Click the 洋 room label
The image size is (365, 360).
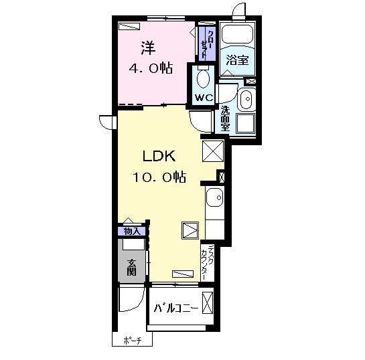click(148, 48)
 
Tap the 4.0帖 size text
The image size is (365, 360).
click(151, 68)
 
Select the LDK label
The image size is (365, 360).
click(159, 156)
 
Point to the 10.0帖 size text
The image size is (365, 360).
click(159, 177)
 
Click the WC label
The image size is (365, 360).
click(204, 98)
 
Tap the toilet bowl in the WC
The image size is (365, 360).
click(203, 78)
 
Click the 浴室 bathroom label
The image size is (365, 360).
click(238, 60)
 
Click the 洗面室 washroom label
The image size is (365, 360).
click(225, 118)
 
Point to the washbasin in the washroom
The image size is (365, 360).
click(246, 99)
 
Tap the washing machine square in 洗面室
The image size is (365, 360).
click(246, 124)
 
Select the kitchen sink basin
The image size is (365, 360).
click(215, 197)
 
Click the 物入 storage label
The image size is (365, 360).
click(131, 232)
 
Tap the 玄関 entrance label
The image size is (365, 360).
click(132, 268)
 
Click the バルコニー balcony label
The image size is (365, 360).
click(176, 308)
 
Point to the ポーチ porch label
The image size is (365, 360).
click(133, 341)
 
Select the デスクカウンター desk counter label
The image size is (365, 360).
click(207, 262)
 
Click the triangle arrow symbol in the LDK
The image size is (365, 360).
click(190, 231)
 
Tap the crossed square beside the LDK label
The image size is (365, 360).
click(213, 151)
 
